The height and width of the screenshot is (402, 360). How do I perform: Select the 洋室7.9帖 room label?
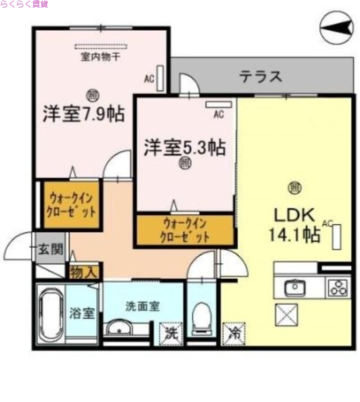click(x=83, y=114)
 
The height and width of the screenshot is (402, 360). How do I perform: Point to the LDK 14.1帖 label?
click(x=296, y=225)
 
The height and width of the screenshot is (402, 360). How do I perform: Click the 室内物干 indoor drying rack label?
click(x=100, y=56)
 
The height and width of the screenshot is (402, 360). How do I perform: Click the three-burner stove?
click(x=337, y=288)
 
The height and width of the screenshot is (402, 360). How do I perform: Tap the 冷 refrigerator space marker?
click(x=234, y=332)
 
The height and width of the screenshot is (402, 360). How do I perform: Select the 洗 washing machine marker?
click(x=170, y=332)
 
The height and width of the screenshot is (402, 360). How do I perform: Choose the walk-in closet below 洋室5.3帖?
click(x=185, y=230)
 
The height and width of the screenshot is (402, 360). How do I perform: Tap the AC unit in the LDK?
click(x=336, y=236)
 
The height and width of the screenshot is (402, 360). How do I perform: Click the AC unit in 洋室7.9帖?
click(x=159, y=78)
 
